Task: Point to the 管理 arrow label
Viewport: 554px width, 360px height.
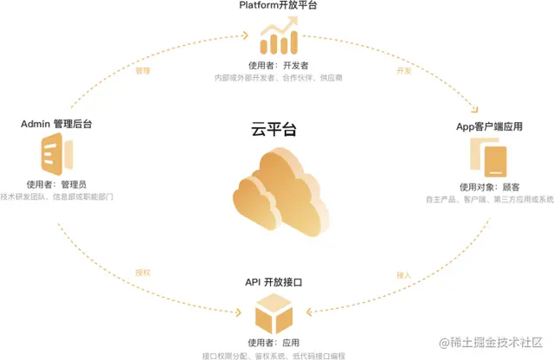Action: (x=144, y=71)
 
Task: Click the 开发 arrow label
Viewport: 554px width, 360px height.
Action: (x=403, y=71)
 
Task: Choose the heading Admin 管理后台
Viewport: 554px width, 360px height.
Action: (x=57, y=125)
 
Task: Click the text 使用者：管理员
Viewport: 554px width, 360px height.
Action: (x=57, y=184)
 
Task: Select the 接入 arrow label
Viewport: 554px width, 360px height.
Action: (x=403, y=275)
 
